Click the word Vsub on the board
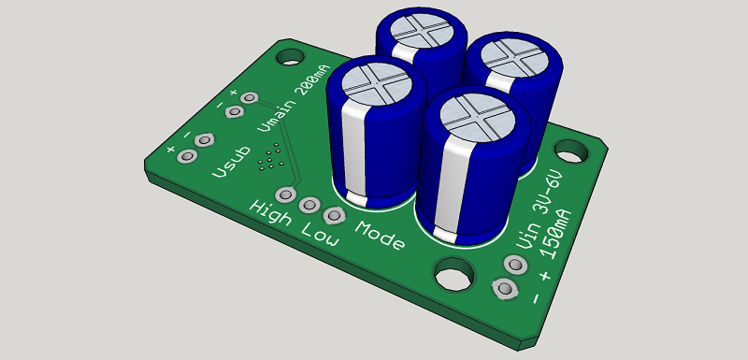pyautogui.click(x=231, y=162)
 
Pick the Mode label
pyautogui.click(x=381, y=235)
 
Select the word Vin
pyautogui.click(x=525, y=237)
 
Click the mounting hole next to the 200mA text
pyautogui.click(x=290, y=57)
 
